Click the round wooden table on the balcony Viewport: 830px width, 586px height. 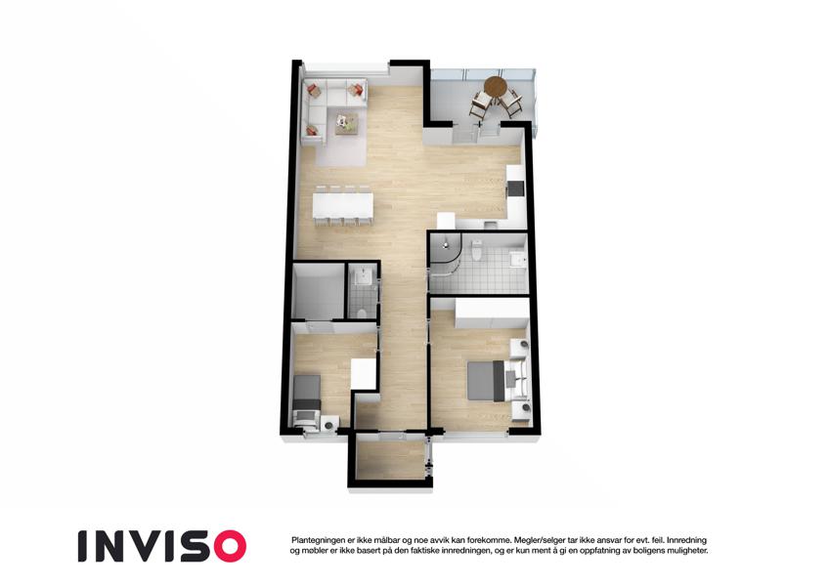pyautogui.click(x=496, y=86)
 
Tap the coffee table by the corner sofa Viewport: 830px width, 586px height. pyautogui.click(x=347, y=124)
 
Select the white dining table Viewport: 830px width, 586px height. pyautogui.click(x=343, y=205)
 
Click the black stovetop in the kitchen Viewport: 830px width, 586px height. pyautogui.click(x=515, y=188)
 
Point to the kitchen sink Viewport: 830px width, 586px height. pyautogui.click(x=490, y=225)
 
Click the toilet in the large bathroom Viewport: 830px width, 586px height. pyautogui.click(x=476, y=249)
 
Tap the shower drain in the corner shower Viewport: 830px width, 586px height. pyautogui.click(x=446, y=245)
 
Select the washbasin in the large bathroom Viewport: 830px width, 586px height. pyautogui.click(x=516, y=260)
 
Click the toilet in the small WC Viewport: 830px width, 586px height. pyautogui.click(x=363, y=314)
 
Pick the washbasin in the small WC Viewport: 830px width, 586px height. pyautogui.click(x=363, y=276)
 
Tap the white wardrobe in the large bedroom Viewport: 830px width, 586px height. pyautogui.click(x=492, y=313)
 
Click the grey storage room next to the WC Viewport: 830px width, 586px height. pyautogui.click(x=318, y=291)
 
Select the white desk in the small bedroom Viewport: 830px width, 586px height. pyautogui.click(x=363, y=374)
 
